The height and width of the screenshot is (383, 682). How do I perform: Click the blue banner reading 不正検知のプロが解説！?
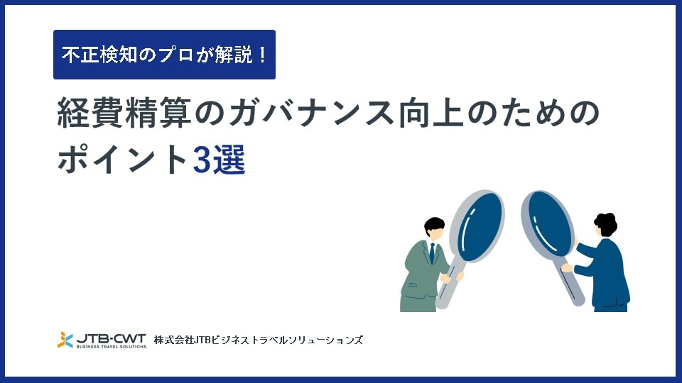[164, 55]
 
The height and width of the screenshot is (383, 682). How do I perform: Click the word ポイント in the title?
[123, 160]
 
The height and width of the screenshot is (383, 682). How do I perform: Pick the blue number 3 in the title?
[202, 160]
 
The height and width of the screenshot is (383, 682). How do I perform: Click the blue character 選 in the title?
[229, 160]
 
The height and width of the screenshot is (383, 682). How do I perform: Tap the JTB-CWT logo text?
[112, 338]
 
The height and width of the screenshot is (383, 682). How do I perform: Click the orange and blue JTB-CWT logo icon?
[65, 340]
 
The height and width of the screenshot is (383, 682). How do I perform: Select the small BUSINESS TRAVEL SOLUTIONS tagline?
[112, 347]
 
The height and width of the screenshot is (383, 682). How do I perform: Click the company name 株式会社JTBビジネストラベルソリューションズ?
[259, 340]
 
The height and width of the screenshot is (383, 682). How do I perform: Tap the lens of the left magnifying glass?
[480, 226]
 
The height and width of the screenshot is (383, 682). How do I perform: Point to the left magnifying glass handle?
[448, 282]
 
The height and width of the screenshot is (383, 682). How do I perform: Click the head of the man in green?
[435, 228]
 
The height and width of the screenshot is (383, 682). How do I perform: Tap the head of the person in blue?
[605, 225]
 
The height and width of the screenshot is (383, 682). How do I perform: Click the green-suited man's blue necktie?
[432, 253]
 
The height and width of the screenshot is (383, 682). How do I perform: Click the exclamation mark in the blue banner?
[262, 55]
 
